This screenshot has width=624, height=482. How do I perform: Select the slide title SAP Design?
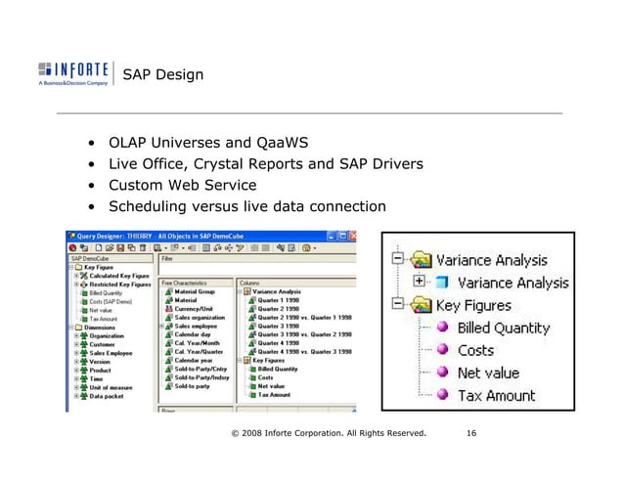point(162,75)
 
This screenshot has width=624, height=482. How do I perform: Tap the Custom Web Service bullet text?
point(184,185)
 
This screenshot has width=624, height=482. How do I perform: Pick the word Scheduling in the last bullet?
point(147,205)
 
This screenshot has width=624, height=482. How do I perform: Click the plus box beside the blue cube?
point(421,282)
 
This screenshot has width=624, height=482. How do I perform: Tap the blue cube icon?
point(441,283)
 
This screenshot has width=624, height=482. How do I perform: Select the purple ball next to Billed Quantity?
point(441,328)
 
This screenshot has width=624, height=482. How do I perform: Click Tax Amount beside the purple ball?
point(497,395)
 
